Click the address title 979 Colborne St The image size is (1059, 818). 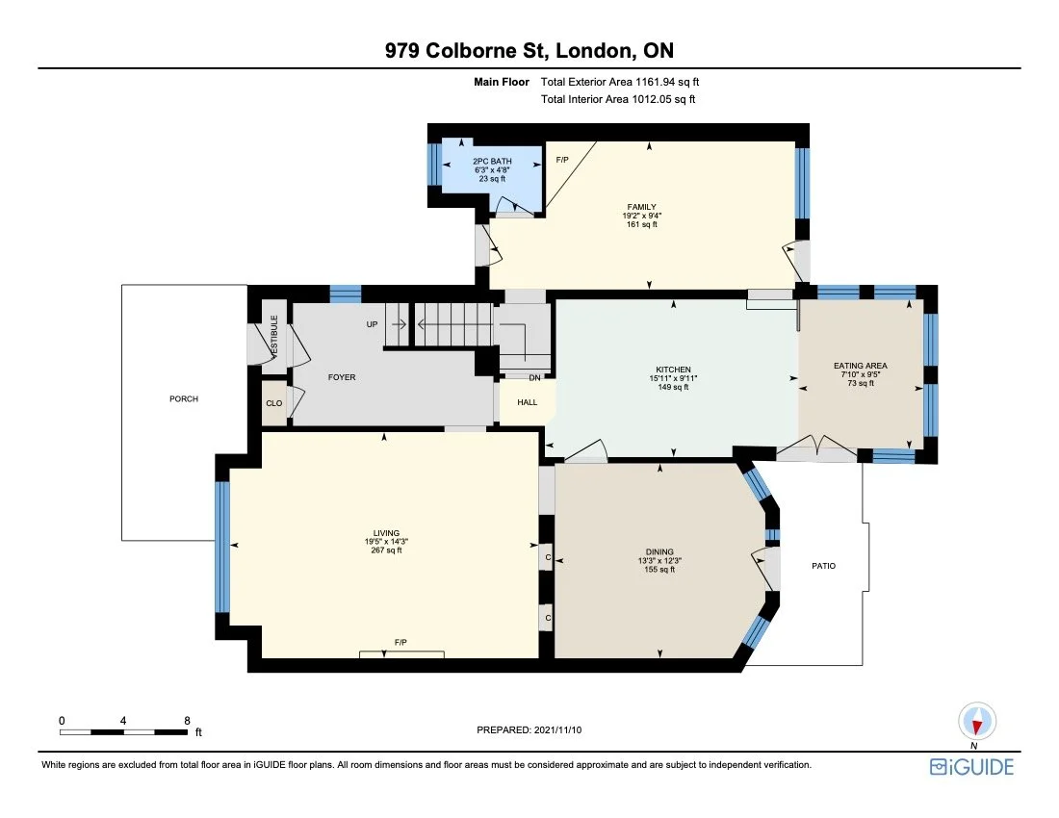(466, 51)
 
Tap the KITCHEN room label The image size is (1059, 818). (673, 370)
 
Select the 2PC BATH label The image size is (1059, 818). (492, 162)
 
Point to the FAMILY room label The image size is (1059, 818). (641, 207)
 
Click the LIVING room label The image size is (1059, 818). (386, 533)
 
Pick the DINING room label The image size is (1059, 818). (659, 552)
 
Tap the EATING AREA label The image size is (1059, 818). (861, 366)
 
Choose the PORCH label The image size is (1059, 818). (184, 398)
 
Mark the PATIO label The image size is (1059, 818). (824, 566)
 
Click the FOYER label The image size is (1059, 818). (342, 377)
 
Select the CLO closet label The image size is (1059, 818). (274, 403)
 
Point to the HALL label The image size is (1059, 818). (528, 402)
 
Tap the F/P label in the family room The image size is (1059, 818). (562, 160)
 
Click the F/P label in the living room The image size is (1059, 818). (400, 643)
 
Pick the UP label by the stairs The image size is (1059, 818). (373, 324)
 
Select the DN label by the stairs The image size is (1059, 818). (535, 378)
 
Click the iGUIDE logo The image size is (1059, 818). (972, 767)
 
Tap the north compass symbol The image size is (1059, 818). (976, 722)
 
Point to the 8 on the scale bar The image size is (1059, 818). (187, 721)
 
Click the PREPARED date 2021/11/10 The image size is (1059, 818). (557, 729)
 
